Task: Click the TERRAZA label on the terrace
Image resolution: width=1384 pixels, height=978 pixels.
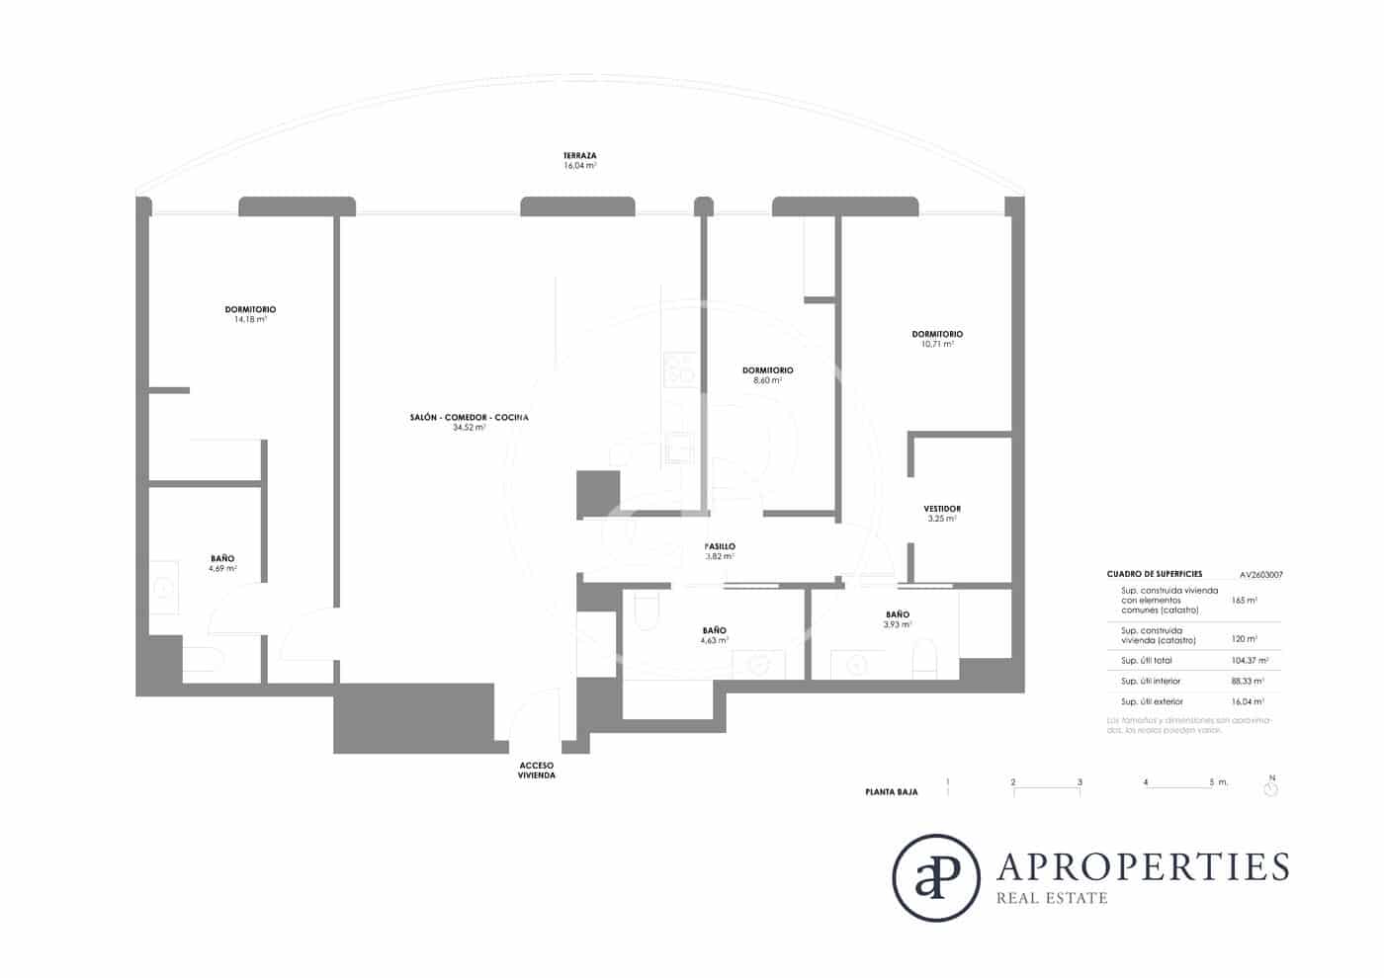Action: coord(579,156)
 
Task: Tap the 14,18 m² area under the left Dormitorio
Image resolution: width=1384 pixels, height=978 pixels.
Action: coord(250,320)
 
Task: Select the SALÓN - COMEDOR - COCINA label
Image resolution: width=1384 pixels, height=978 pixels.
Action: coord(469,418)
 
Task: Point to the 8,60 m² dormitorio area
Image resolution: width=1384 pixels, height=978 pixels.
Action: coord(767,380)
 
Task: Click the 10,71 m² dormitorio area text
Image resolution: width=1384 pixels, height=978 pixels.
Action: coord(936,345)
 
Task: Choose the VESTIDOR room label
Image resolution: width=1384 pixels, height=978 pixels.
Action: coord(942,509)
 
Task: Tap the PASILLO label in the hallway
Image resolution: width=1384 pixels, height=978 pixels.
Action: coord(720,546)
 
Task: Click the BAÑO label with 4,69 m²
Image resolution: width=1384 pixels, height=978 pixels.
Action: coord(222,558)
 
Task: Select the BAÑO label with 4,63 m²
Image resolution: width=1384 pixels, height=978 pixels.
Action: coord(714,630)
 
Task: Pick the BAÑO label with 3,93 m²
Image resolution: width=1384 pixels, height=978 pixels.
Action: coord(898,614)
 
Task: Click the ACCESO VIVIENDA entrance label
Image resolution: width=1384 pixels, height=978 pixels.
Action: coord(537,771)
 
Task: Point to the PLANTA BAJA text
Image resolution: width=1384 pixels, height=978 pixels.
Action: coord(891,792)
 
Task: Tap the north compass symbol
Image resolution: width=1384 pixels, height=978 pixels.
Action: coord(1271,787)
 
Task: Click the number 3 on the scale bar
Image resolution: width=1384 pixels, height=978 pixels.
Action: coord(1080,782)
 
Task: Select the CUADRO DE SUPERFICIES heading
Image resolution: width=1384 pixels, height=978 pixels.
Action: coord(1154,574)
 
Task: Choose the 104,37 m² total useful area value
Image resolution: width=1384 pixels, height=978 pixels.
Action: coord(1250,660)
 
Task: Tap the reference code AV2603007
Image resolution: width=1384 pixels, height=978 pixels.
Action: coord(1260,574)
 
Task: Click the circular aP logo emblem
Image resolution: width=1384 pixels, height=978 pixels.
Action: coord(935,877)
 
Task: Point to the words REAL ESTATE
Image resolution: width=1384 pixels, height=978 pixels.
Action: coord(1052,898)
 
